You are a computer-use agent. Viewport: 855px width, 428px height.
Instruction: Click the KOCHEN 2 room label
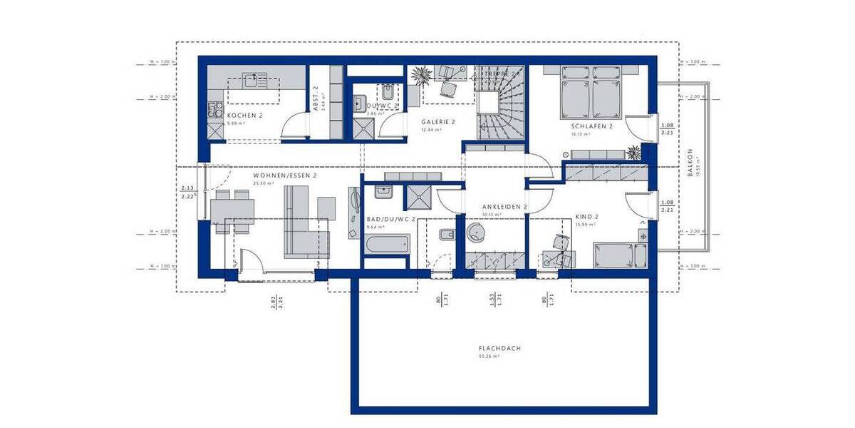point(245,115)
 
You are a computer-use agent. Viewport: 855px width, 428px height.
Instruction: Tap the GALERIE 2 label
point(437,122)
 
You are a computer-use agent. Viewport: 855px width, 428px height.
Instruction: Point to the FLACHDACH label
point(500,348)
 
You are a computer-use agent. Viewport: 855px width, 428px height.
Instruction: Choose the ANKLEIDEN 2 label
point(504,207)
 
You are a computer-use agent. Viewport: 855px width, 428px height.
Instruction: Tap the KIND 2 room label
point(587,217)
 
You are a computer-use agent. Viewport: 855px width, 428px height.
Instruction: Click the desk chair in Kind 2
point(561,243)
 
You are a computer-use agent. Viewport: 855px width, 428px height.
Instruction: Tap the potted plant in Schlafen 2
point(633,151)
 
